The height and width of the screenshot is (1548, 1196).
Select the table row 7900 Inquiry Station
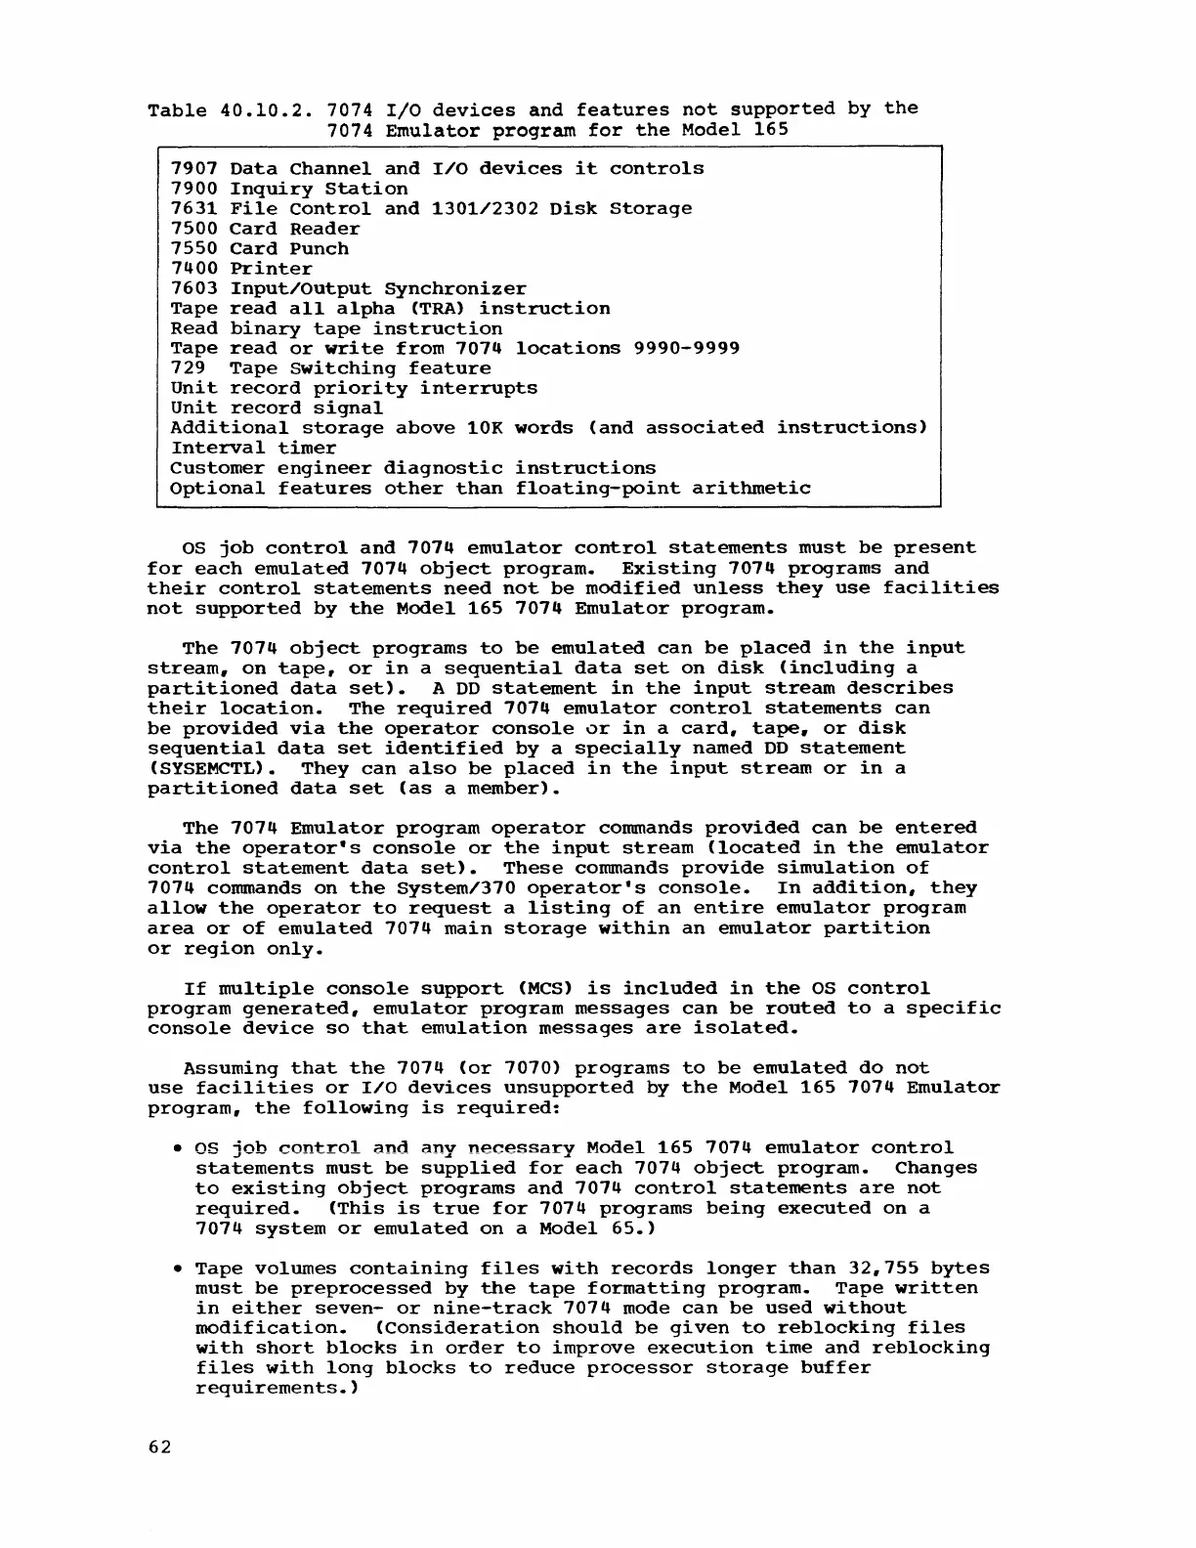289,190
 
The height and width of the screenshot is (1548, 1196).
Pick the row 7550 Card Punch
259,249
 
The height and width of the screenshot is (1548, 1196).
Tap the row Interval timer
253,449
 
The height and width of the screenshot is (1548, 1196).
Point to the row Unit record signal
277,408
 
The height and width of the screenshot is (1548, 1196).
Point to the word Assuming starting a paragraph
230,1069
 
